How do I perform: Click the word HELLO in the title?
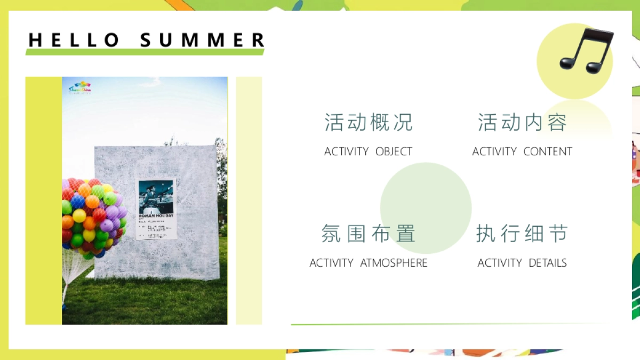coord(74,40)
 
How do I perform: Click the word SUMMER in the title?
coord(203,40)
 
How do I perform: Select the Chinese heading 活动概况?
coord(369,122)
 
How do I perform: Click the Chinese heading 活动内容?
coord(522,122)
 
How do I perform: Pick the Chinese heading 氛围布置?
coord(369,234)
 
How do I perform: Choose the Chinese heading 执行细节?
coord(522,234)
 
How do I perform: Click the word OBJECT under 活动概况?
coord(394,151)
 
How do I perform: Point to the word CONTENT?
coord(548,151)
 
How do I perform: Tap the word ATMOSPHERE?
coord(394,263)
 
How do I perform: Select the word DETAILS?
coord(548,263)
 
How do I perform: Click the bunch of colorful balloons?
coord(92,216)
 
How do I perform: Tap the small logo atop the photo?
coord(80,87)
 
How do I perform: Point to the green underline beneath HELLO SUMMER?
coord(145,52)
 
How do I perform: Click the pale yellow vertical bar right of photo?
coord(249,200)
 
